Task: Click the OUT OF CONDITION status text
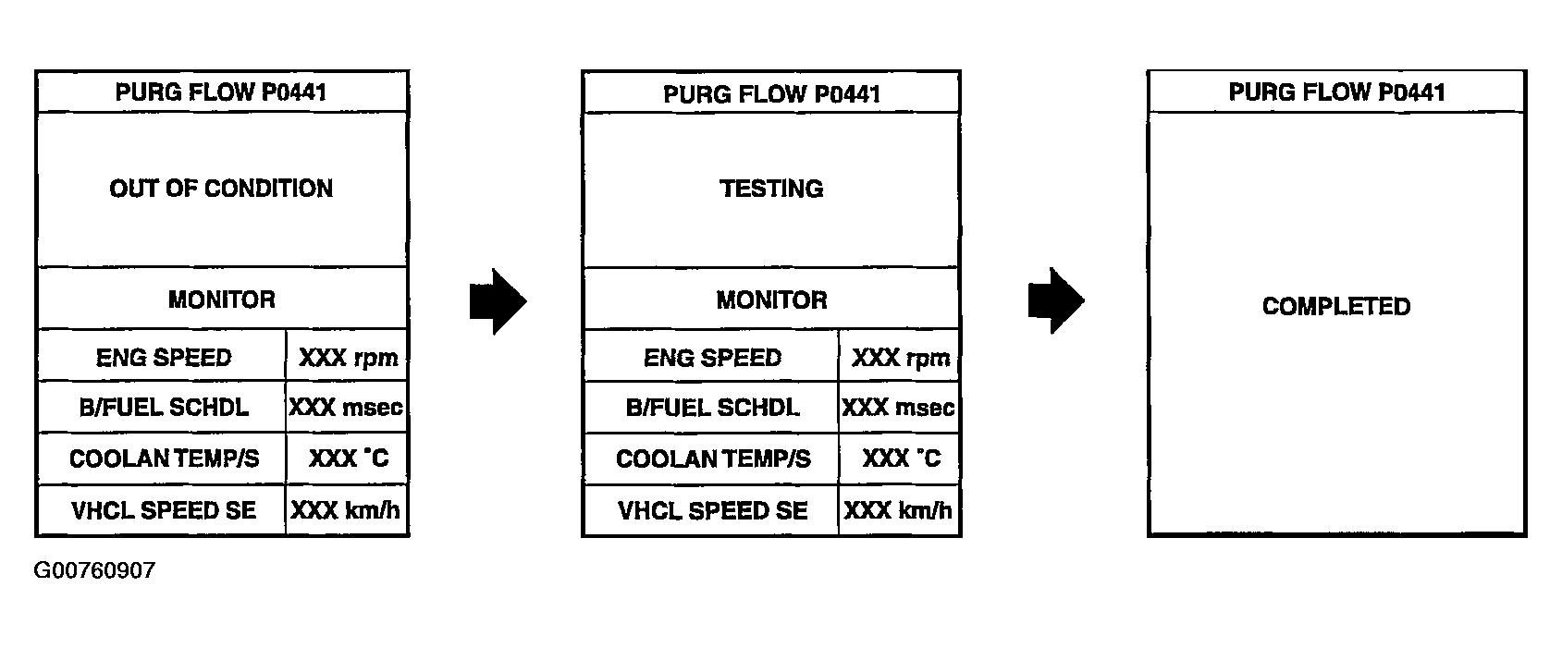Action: point(221,189)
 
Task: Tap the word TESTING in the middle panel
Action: point(771,189)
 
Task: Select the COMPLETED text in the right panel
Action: point(1336,307)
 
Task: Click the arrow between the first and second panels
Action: point(498,301)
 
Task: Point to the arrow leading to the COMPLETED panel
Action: point(1055,301)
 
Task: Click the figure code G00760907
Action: point(94,570)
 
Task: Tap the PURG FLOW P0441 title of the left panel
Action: point(221,92)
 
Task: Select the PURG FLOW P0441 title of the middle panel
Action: point(771,93)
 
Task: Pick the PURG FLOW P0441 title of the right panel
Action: point(1336,92)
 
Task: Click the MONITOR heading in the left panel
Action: point(221,300)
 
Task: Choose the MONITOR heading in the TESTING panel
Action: point(771,300)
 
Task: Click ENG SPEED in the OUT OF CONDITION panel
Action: point(164,358)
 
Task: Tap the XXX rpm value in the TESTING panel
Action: point(900,358)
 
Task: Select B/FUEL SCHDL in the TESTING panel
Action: point(712,408)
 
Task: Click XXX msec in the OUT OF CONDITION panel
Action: point(347,408)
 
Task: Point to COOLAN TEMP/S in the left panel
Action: point(164,459)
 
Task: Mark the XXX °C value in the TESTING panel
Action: point(901,458)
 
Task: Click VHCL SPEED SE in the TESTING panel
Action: point(712,510)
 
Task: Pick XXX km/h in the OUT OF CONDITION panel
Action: point(346,510)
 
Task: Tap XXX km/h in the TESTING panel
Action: point(898,510)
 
